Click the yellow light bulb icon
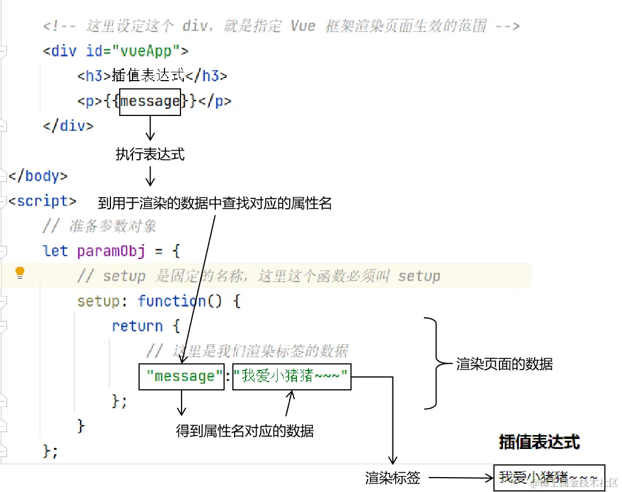(20, 272)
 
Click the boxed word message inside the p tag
(150, 102)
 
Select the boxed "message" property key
(181, 377)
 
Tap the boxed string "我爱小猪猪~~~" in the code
(291, 377)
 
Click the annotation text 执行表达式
(150, 155)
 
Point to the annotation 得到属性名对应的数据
(244, 431)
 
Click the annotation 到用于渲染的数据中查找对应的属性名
(215, 203)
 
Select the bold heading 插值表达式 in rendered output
(539, 442)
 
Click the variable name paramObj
(111, 251)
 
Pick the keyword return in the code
(137, 326)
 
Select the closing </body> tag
(38, 176)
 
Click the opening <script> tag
(42, 201)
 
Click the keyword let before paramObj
(55, 251)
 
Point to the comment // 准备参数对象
(99, 226)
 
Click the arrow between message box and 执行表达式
(150, 130)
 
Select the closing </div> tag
(68, 126)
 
